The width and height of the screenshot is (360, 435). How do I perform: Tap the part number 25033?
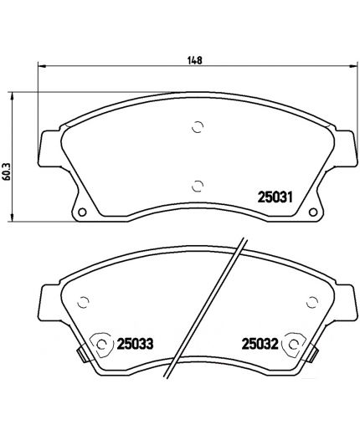tap(135, 342)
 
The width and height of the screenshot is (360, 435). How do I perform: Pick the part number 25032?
tap(260, 342)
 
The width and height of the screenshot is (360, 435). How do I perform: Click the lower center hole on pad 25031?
tap(198, 186)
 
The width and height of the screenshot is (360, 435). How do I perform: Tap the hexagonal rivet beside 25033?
tap(101, 342)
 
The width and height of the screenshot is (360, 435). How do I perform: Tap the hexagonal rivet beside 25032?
tap(294, 342)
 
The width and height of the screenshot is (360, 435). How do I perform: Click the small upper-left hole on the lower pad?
tap(83, 304)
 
